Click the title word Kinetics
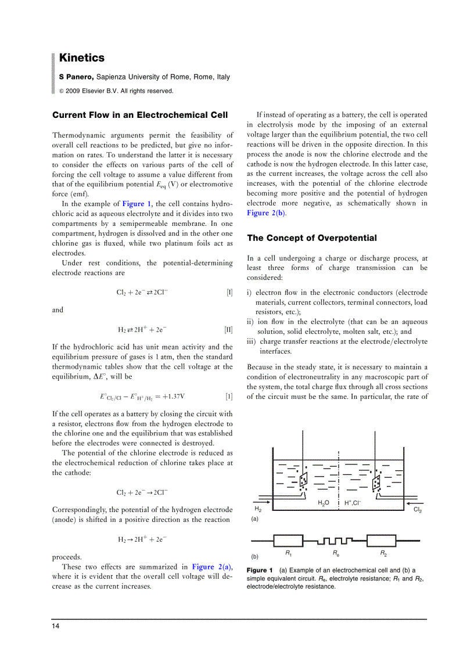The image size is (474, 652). pos(82,58)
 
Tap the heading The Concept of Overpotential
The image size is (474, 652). pos(312,238)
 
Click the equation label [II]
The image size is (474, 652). pos(228,330)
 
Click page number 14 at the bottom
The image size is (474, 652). pos(55,626)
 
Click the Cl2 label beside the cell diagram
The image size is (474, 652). pos(417,510)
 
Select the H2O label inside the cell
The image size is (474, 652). pos(324,503)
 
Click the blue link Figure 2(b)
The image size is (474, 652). pos(266,213)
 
